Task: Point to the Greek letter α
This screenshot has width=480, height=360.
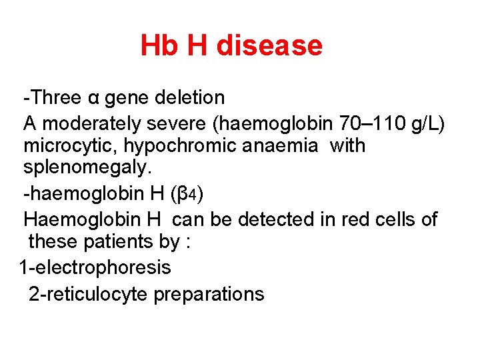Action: coord(93,98)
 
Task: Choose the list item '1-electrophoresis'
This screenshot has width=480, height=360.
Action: coord(95,268)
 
